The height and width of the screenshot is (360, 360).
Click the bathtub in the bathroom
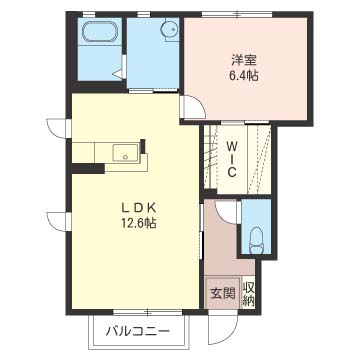click(x=99, y=32)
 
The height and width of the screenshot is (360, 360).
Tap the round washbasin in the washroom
click(x=168, y=29)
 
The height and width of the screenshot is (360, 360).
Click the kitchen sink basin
click(x=125, y=153)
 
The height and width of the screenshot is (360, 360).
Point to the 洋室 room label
click(x=244, y=61)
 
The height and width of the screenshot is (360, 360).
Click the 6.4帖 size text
click(x=245, y=76)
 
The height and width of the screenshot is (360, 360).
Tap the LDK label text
click(x=138, y=208)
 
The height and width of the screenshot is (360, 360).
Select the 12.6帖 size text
click(x=139, y=223)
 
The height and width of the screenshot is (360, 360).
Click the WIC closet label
click(x=232, y=159)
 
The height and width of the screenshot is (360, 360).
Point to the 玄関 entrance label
click(x=223, y=293)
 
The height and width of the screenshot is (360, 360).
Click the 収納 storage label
click(x=248, y=293)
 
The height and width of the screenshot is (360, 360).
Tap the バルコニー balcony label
click(x=138, y=332)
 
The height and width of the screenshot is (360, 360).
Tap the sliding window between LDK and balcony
click(x=148, y=312)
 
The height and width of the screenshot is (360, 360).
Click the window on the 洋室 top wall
click(x=237, y=14)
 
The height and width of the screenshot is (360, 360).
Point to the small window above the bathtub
click(x=89, y=14)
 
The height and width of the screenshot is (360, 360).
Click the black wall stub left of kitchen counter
click(x=88, y=169)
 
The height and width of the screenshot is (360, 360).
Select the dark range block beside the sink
click(x=143, y=146)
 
